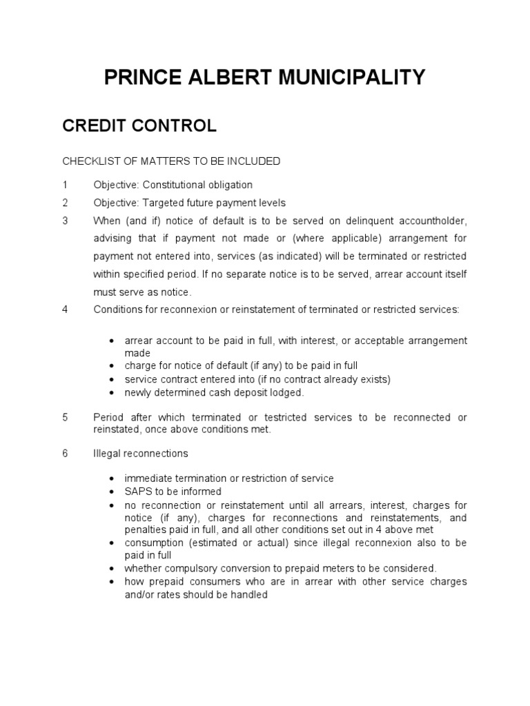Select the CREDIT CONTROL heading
pyautogui.click(x=139, y=125)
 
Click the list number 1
pyautogui.click(x=65, y=185)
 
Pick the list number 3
pyautogui.click(x=65, y=221)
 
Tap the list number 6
pyautogui.click(x=65, y=454)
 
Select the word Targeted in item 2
pyautogui.click(x=162, y=203)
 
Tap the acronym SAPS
pyautogui.click(x=137, y=492)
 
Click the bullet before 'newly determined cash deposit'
pyautogui.click(x=112, y=393)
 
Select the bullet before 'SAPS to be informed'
pyautogui.click(x=112, y=492)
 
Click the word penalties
pyautogui.click(x=146, y=529)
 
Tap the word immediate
pyautogui.click(x=148, y=478)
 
